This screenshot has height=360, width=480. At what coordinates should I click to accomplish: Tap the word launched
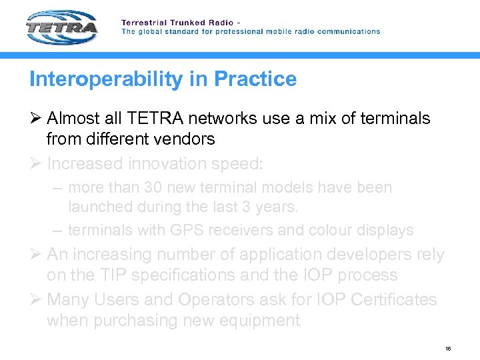point(101,207)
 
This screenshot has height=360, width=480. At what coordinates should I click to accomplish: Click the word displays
point(386,230)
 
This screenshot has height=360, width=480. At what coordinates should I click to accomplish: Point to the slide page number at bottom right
point(448,349)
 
